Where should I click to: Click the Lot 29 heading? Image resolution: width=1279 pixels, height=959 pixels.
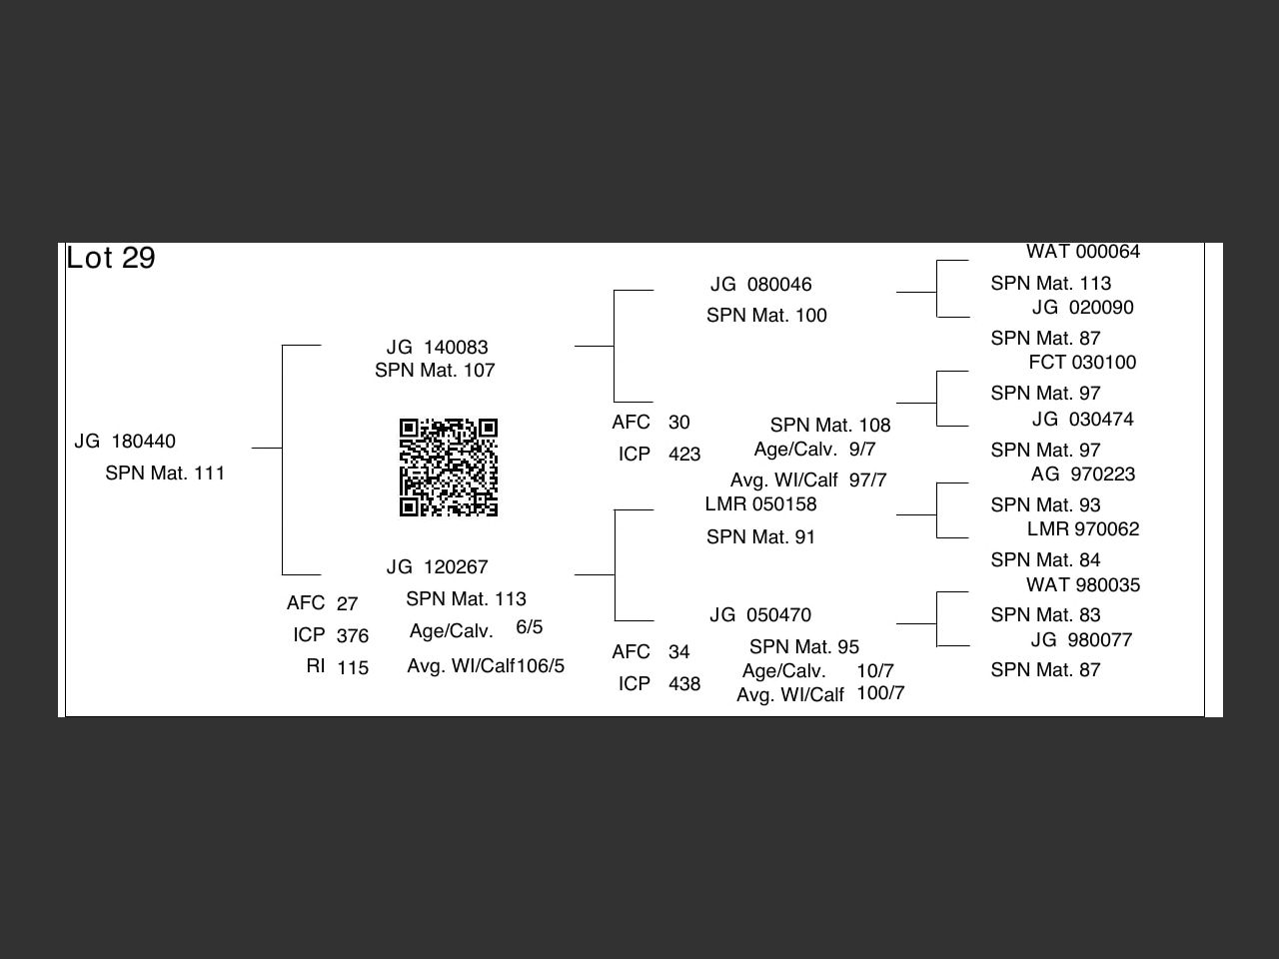pos(111,258)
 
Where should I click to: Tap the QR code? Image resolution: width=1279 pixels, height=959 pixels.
pos(449,468)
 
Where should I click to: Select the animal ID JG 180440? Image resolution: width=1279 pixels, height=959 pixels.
pos(125,442)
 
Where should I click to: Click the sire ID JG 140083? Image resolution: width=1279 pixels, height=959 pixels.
pos(437,348)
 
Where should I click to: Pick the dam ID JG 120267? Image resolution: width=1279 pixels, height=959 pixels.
pos(437,567)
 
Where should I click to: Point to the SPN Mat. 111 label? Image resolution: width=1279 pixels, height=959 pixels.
pos(165,474)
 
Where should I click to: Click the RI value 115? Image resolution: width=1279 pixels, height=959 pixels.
pos(352,668)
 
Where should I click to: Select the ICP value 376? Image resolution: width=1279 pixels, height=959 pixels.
pos(352,636)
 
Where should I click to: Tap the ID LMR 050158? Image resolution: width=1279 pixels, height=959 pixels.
pos(760,504)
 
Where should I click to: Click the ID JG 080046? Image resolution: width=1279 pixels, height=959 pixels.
pos(760,285)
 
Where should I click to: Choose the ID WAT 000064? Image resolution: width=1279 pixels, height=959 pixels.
pos(1082,252)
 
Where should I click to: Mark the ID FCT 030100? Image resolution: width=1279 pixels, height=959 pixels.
pos(1082,363)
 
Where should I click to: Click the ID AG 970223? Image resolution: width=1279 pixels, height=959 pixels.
pos(1083,475)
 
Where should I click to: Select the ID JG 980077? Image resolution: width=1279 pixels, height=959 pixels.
pos(1081,640)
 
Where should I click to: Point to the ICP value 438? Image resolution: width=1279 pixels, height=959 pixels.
pos(684,684)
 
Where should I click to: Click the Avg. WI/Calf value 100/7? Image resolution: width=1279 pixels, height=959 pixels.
pos(880,693)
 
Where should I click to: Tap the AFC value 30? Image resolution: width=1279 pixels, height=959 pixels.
pos(678,423)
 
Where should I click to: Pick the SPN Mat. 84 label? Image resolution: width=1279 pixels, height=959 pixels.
pos(1045,560)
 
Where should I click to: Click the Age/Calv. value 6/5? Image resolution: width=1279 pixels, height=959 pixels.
pos(530,627)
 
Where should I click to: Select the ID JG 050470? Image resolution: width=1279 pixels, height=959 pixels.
pos(760,615)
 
